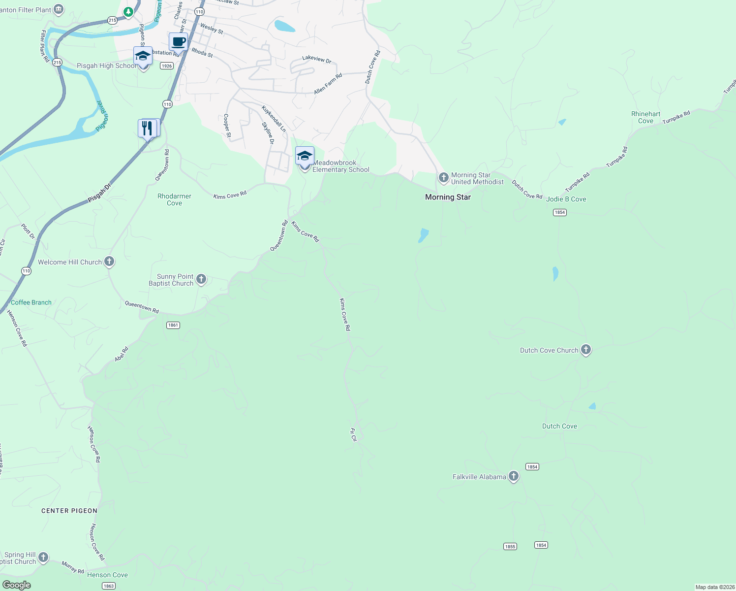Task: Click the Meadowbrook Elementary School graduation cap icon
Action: pyautogui.click(x=305, y=156)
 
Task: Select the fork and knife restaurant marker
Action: pyautogui.click(x=148, y=129)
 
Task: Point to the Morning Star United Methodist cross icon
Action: pyautogui.click(x=443, y=177)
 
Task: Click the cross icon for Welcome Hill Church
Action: pyautogui.click(x=109, y=262)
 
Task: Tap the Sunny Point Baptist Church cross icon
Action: pyautogui.click(x=201, y=280)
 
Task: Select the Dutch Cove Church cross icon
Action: pyautogui.click(x=585, y=350)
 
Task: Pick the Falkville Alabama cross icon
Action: pyautogui.click(x=513, y=476)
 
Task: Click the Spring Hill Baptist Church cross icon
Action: pyautogui.click(x=43, y=558)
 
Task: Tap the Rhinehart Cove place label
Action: pyautogui.click(x=645, y=117)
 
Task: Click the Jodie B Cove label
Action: pyautogui.click(x=566, y=199)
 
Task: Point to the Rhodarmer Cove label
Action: pyautogui.click(x=174, y=199)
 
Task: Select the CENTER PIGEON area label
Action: pyautogui.click(x=69, y=511)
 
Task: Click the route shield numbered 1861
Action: pyautogui.click(x=173, y=325)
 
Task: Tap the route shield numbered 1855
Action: pyautogui.click(x=510, y=546)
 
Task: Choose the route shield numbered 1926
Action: pyautogui.click(x=167, y=66)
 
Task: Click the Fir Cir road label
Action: pyautogui.click(x=353, y=434)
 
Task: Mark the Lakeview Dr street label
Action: pyautogui.click(x=316, y=59)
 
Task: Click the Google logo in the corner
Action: pyautogui.click(x=16, y=585)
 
